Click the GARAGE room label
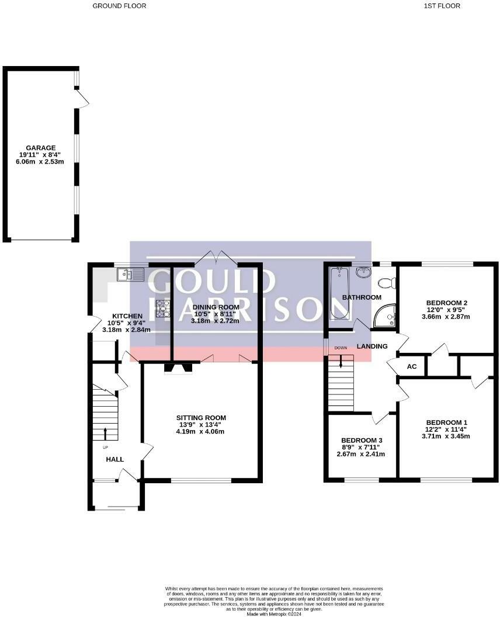(40, 148)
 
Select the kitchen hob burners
(162, 307)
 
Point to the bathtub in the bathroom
(339, 293)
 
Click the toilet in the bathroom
(387, 283)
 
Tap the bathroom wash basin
(364, 272)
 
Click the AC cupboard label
(411, 367)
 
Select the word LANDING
(372, 346)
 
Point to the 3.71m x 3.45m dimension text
(446, 436)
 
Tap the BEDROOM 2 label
(446, 303)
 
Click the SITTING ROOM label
(201, 418)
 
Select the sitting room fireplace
(178, 368)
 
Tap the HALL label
(114, 459)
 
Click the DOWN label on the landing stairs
(341, 348)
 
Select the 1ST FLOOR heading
(442, 6)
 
